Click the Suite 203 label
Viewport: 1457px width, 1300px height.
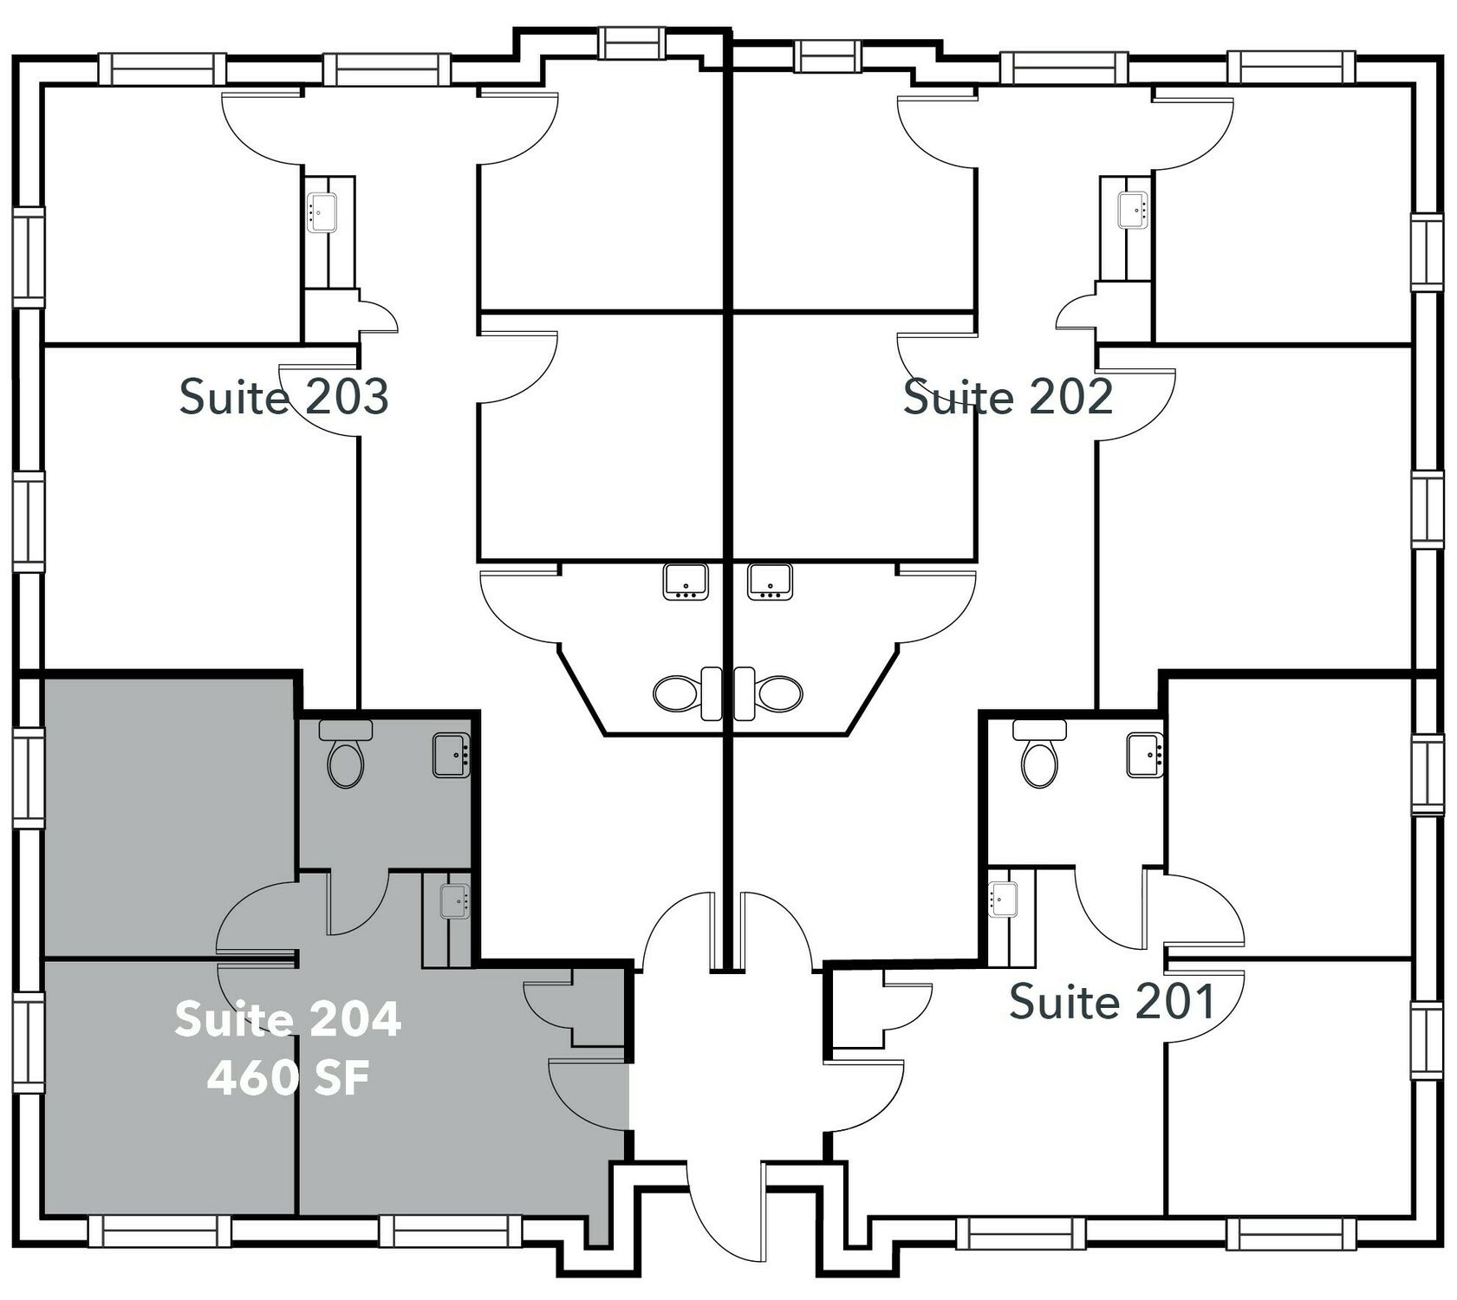coord(283,397)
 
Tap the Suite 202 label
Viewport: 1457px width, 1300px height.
coord(1007,397)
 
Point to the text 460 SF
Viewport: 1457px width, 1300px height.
coord(288,1079)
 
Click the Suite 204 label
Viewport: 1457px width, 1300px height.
coord(288,1018)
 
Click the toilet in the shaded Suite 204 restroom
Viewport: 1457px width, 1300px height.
coord(346,753)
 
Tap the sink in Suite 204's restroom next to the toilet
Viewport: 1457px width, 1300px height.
coord(452,755)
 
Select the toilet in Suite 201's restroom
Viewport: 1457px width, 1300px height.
coord(1039,753)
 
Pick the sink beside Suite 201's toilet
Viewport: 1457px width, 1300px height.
coord(1145,755)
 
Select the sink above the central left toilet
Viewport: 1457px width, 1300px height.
coord(686,581)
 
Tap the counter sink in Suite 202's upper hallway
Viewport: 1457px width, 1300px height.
coord(1134,211)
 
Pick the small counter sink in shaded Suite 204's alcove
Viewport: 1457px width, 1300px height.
coord(454,900)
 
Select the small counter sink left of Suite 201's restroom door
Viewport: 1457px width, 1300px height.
coord(1004,899)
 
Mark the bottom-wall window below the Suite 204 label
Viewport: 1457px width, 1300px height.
coord(451,1231)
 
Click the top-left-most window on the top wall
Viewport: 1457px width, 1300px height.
coord(156,68)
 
